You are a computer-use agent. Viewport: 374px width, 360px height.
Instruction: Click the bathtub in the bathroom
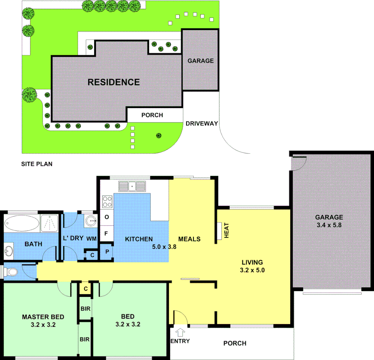coord(22,223)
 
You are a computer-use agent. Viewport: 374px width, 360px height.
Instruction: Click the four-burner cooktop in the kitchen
coord(107,201)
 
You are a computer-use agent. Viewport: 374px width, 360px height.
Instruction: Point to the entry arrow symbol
coord(181,332)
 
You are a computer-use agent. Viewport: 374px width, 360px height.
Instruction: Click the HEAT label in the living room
coord(227,230)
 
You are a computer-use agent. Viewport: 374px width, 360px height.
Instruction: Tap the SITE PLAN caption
coord(37,164)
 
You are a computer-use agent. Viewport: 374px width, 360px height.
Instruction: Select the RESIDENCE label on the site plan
coord(114,82)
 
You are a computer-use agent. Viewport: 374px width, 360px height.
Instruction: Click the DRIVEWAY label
coord(202,123)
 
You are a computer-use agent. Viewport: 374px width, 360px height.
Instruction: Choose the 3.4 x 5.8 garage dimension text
coord(329,225)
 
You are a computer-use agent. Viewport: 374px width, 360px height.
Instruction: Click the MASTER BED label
coord(43,317)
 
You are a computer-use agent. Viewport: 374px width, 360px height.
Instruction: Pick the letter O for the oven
coord(107,217)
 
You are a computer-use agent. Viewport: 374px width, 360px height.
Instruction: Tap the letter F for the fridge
coord(106,233)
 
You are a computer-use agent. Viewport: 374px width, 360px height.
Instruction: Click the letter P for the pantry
coord(107,252)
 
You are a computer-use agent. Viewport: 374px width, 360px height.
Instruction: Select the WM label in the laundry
coord(92,239)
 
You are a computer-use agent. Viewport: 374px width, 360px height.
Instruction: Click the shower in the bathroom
coord(50,223)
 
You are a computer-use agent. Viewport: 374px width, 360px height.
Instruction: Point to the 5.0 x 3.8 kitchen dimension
coord(164,247)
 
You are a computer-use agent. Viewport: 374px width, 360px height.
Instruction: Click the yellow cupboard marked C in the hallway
coord(86,289)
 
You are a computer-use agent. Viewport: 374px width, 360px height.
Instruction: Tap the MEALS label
coord(189,239)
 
